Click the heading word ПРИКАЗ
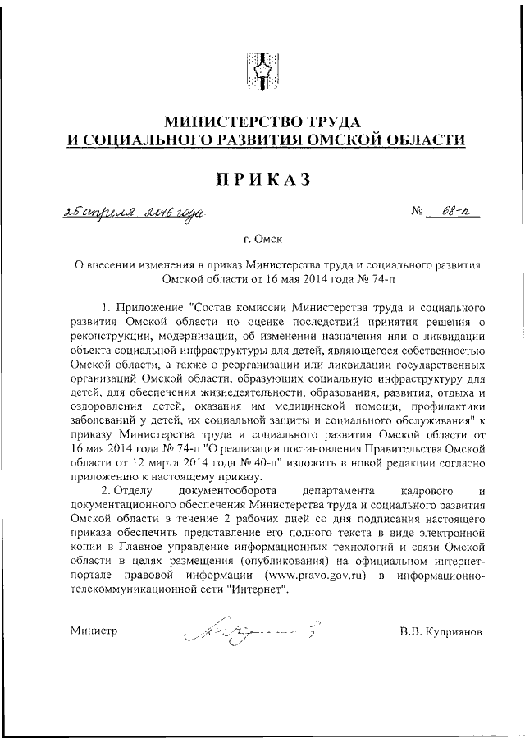[x=262, y=181]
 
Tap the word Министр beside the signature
[x=94, y=631]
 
